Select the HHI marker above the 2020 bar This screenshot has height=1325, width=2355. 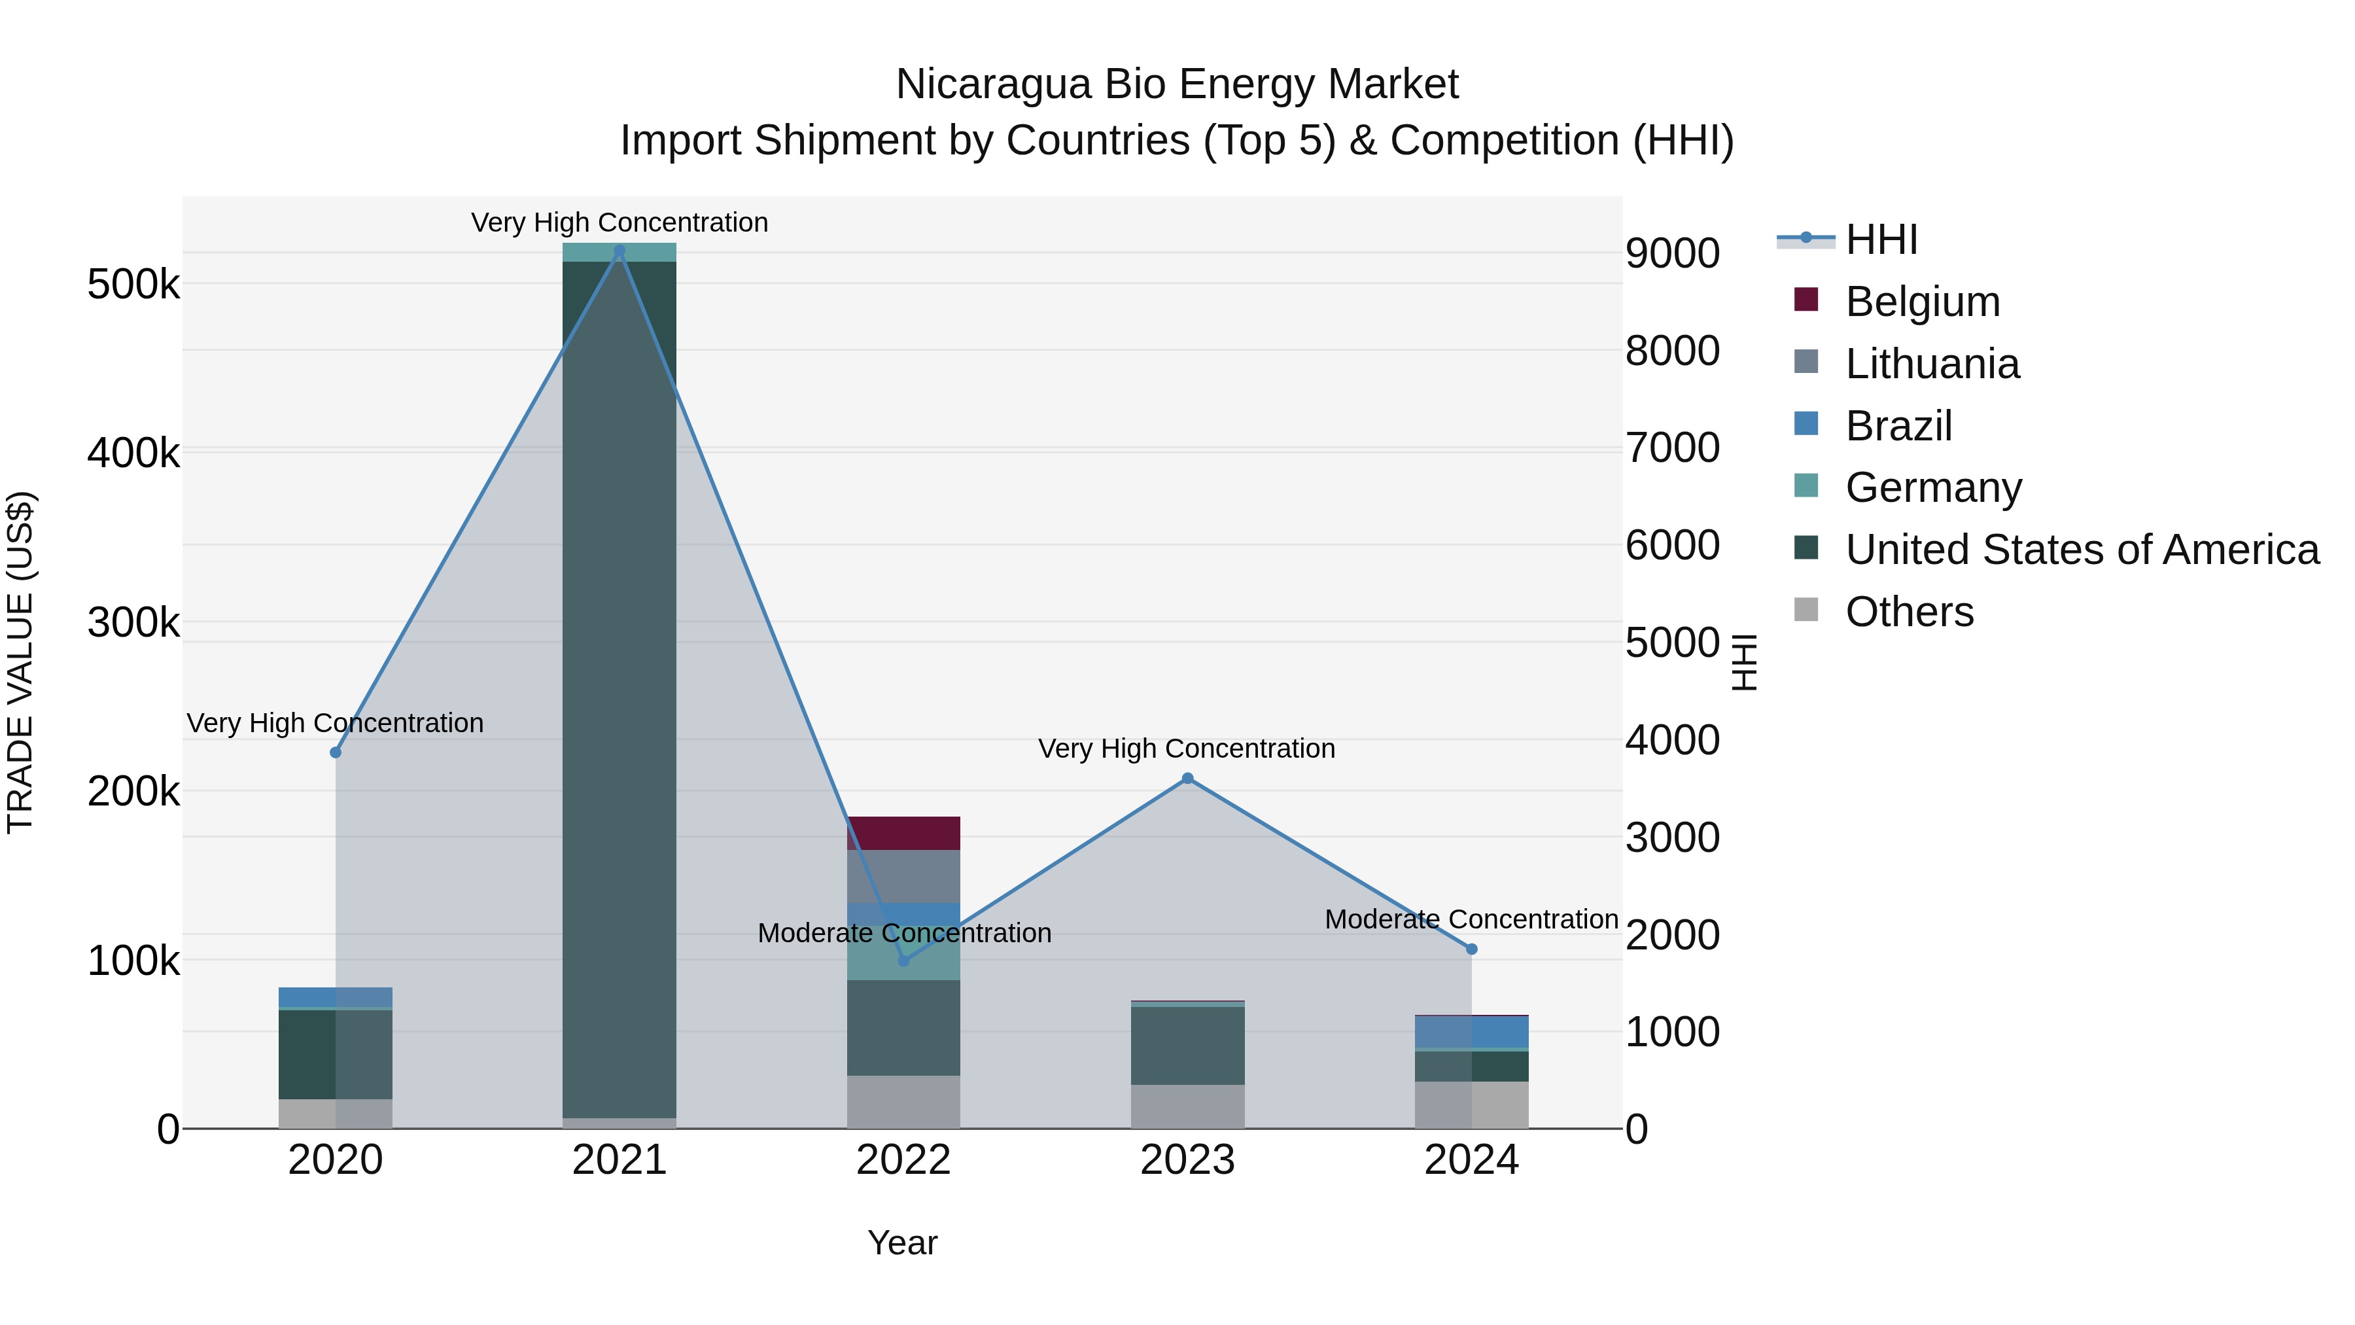point(336,752)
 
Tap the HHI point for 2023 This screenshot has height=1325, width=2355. point(1187,778)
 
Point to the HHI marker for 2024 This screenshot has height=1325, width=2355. point(1471,949)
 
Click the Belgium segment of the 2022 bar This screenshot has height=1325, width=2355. point(903,833)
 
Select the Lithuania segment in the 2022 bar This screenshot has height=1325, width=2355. point(903,876)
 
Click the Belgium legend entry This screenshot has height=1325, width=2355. point(1922,302)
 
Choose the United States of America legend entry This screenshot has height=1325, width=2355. point(2082,550)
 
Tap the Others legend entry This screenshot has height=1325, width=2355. point(1909,612)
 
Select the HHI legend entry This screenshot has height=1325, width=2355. point(1881,239)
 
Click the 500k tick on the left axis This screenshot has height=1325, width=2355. point(133,285)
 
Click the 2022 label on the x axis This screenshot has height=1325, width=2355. point(903,1160)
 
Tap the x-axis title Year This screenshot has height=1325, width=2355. point(902,1243)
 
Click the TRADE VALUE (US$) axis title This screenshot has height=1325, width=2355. point(20,662)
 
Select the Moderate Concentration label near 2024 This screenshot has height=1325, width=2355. point(1471,919)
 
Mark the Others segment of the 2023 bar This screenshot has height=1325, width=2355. point(1187,1106)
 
